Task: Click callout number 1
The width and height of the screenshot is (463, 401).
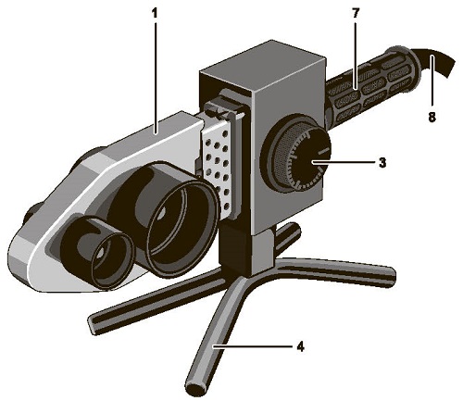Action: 156,13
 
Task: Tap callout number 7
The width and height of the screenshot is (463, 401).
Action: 355,13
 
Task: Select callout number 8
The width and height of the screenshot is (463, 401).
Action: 432,117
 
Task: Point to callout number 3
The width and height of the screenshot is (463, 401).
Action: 382,162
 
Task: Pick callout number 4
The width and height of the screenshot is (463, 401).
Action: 300,346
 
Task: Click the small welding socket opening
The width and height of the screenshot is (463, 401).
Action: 113,259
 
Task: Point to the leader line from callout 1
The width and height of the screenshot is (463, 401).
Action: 156,77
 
